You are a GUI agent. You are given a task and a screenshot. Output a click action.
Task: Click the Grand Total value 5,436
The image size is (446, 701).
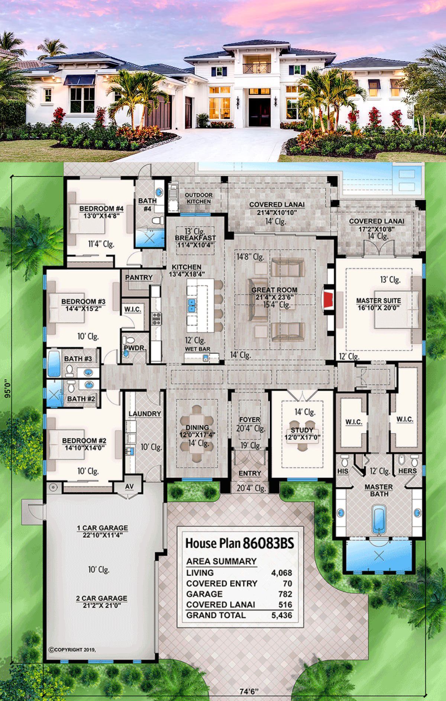pos(282,615)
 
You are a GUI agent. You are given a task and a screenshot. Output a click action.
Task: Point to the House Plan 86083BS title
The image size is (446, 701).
pos(240,543)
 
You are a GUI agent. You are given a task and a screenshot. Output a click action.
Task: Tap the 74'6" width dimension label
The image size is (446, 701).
pos(249,691)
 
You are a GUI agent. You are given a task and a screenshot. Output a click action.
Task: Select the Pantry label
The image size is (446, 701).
pos(139,277)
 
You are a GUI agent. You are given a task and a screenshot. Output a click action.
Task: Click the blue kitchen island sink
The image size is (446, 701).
pos(192,305)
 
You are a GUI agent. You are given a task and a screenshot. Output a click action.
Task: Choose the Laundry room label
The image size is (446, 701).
pos(145,413)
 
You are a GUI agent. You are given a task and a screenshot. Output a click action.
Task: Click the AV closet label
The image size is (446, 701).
pos(129,487)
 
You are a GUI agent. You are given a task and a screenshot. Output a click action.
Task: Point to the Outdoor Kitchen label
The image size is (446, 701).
pos(199,198)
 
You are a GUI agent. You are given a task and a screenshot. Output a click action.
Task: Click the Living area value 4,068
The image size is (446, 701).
pos(282,573)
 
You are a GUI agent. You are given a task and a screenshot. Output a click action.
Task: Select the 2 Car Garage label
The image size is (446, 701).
pos(101,598)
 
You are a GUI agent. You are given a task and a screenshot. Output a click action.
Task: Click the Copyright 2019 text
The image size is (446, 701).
pos(72,650)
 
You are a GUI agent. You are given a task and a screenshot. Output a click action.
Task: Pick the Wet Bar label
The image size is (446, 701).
pos(198,349)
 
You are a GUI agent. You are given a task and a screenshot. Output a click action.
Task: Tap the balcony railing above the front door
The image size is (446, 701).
pos(257,68)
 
